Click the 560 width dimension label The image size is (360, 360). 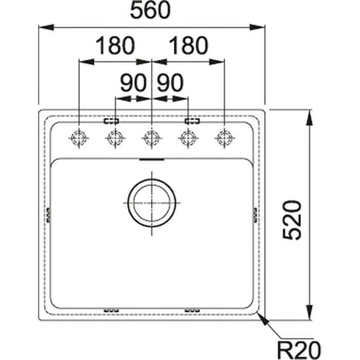click(x=150, y=10)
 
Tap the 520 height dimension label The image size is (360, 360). click(x=292, y=220)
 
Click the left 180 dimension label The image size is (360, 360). click(x=115, y=46)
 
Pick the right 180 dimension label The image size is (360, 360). click(x=189, y=46)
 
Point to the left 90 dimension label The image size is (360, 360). click(x=133, y=82)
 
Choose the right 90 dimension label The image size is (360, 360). click(x=170, y=82)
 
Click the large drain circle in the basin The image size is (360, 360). click(x=152, y=203)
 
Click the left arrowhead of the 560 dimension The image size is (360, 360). click(x=46, y=27)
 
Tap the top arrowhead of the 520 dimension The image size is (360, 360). click(x=310, y=118)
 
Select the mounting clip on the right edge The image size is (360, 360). click(x=255, y=215)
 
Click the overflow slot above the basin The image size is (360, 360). click(x=152, y=159)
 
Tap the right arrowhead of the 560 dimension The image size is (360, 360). click(x=257, y=27)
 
